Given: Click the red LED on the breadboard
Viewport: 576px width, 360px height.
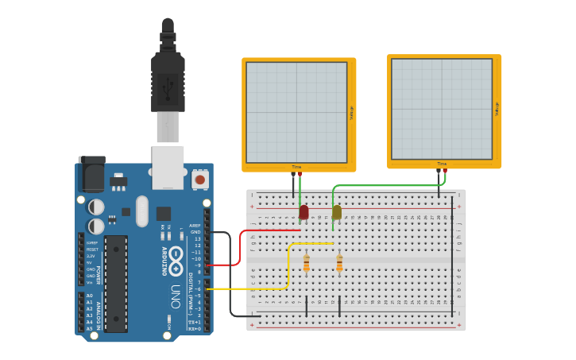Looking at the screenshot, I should point(303,212).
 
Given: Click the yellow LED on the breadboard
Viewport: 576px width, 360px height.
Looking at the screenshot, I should point(337,212).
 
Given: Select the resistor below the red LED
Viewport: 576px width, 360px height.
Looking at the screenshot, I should point(307,263).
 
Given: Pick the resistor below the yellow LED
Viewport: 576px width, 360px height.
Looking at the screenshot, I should point(339,263).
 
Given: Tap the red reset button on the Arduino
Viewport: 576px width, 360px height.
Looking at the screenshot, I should point(199,180).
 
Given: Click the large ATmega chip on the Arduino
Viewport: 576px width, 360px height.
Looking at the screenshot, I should point(115,283).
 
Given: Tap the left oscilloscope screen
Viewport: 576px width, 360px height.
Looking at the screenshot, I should point(296,112).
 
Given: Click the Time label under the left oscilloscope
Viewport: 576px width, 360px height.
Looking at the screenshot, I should point(296,167).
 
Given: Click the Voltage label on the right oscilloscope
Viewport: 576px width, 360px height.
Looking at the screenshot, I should point(497,109).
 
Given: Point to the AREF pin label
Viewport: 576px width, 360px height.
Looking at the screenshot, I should point(195,226).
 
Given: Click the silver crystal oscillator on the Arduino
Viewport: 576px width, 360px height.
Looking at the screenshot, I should point(142,211).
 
